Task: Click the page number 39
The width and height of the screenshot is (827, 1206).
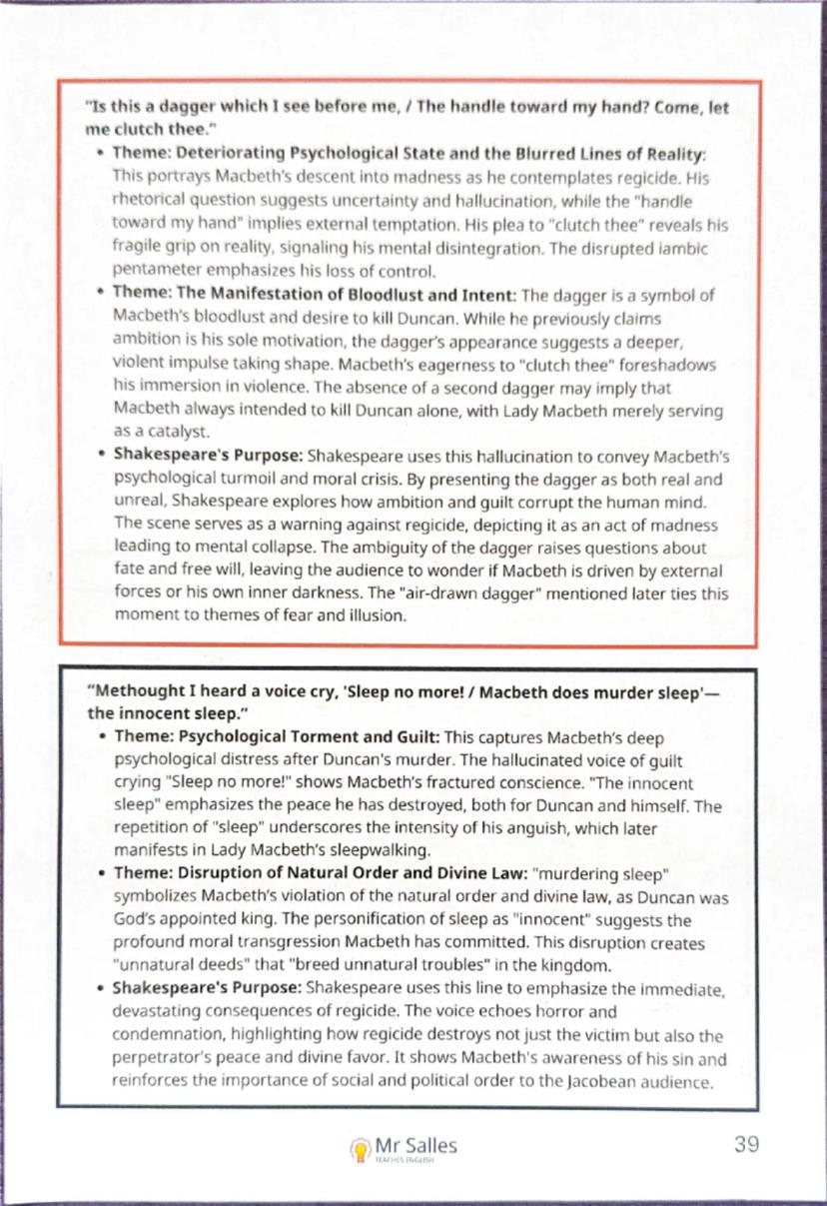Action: pyautogui.click(x=747, y=1144)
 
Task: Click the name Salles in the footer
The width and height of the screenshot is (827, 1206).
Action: pyautogui.click(x=430, y=1143)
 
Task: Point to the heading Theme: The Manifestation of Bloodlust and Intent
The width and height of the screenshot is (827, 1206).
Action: pyautogui.click(x=315, y=297)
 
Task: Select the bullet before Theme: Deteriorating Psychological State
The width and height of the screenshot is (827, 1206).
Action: pyautogui.click(x=102, y=156)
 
